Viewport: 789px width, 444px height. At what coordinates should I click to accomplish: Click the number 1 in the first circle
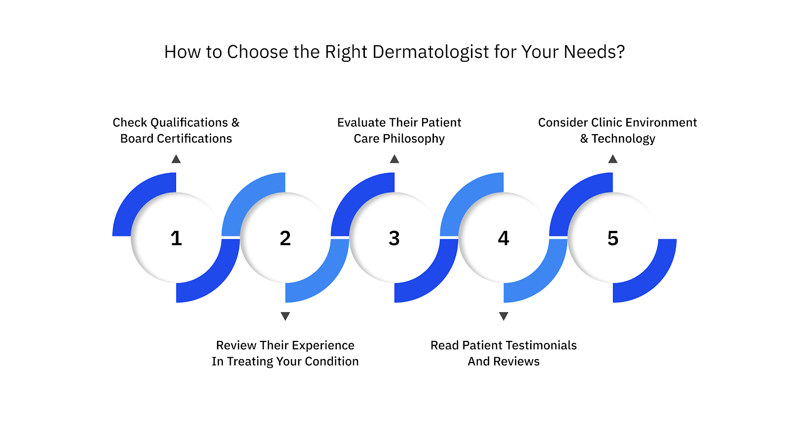[x=176, y=238]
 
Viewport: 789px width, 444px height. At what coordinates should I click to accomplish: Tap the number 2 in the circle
[x=285, y=238]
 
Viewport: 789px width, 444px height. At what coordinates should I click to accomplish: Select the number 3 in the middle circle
[x=394, y=238]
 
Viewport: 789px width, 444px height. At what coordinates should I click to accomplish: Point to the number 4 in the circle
[x=503, y=238]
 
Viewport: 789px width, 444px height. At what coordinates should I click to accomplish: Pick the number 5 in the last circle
[x=612, y=238]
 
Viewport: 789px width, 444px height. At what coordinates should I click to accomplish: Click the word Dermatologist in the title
[x=430, y=52]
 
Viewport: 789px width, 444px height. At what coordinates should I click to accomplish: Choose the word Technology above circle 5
[x=623, y=139]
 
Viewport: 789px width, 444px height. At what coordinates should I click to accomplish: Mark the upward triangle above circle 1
[x=176, y=159]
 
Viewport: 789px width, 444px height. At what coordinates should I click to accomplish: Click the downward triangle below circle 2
[x=285, y=316]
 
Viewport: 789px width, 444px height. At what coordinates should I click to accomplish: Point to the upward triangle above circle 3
[x=394, y=159]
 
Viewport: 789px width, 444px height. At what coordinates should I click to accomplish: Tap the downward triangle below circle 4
[x=503, y=316]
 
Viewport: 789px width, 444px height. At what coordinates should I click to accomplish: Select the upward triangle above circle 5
[x=612, y=159]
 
